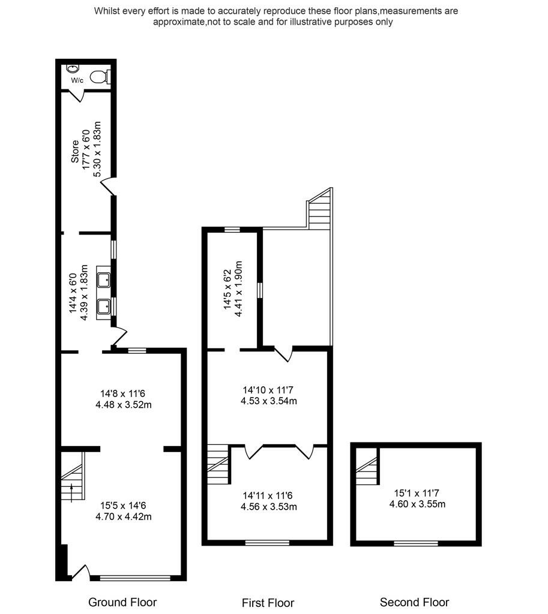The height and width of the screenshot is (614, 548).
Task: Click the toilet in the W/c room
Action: pyautogui.click(x=100, y=77)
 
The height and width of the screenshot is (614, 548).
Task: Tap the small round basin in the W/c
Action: pyautogui.click(x=74, y=69)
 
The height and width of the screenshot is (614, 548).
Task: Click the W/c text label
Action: pyautogui.click(x=77, y=80)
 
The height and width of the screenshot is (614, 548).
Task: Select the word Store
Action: pyautogui.click(x=75, y=152)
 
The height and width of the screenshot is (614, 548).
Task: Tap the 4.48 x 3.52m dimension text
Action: pyautogui.click(x=123, y=405)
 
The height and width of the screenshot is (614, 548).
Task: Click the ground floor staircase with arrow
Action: pyautogui.click(x=72, y=480)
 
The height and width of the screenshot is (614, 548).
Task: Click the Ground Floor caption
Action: pyautogui.click(x=122, y=602)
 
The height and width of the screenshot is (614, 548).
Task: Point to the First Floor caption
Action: pyautogui.click(x=268, y=603)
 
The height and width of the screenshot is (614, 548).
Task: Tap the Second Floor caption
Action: pyautogui.click(x=414, y=602)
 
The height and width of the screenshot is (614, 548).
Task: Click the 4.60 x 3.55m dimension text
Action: pyautogui.click(x=417, y=504)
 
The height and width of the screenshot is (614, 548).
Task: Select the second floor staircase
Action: pyautogui.click(x=367, y=469)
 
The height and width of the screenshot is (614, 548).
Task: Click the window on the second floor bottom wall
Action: pyautogui.click(x=415, y=543)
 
